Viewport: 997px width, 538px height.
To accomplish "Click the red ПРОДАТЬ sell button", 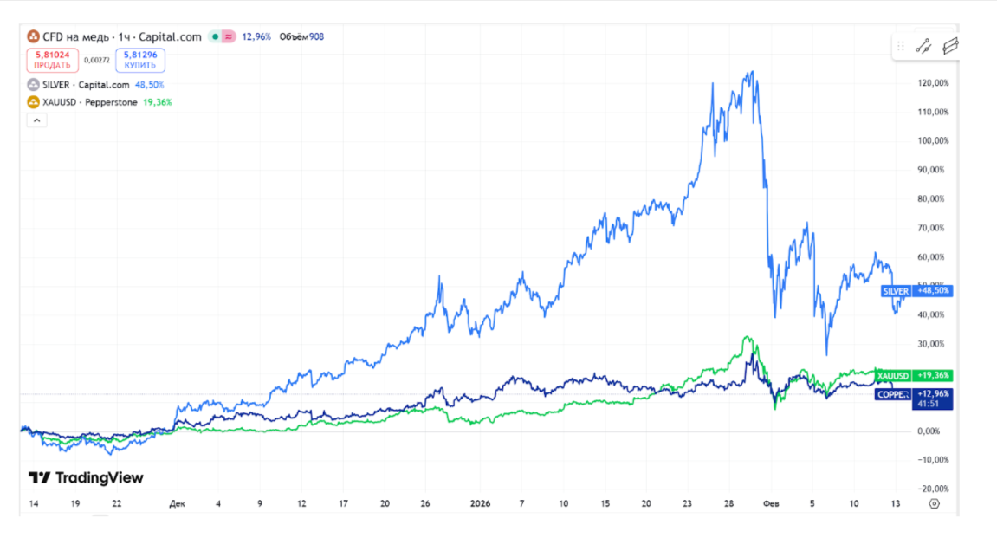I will [53, 60].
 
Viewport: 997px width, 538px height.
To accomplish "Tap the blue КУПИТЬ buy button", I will [140, 60].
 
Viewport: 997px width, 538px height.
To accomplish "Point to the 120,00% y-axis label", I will [932, 83].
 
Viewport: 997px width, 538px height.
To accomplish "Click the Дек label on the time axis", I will [178, 503].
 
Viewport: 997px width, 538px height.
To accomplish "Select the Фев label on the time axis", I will [771, 503].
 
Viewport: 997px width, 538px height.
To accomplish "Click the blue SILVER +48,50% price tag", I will [916, 291].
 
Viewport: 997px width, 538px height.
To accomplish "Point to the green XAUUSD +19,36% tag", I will [913, 376].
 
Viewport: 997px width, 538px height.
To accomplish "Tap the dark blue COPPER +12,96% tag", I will [913, 394].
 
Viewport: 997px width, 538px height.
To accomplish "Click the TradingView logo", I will [86, 477].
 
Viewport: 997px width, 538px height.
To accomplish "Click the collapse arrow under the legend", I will [37, 120].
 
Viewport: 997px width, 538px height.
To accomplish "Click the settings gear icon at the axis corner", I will [934, 503].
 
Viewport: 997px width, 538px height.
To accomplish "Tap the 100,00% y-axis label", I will [932, 140].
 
